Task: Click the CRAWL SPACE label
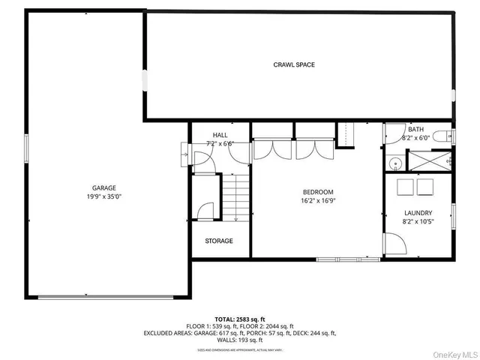[x=293, y=64]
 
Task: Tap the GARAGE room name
[x=104, y=188]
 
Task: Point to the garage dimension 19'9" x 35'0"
[x=104, y=197]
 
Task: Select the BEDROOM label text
[x=318, y=192]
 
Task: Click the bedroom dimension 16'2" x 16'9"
[x=318, y=201]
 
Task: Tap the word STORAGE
[x=219, y=241]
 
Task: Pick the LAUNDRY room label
[x=418, y=213]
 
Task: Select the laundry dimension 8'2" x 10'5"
[x=418, y=222]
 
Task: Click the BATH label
[x=415, y=130]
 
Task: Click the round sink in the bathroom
[x=394, y=161]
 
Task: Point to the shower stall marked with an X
[x=427, y=161]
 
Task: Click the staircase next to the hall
[x=236, y=197]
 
